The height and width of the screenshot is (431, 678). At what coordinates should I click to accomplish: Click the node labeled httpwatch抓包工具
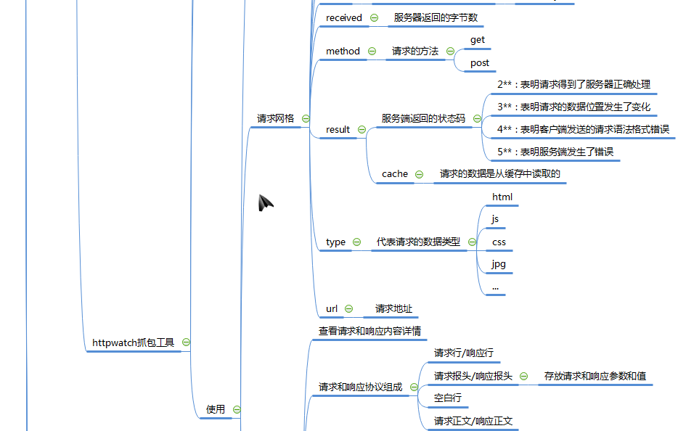(x=134, y=342)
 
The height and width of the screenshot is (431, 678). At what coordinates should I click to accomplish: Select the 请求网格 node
(x=276, y=118)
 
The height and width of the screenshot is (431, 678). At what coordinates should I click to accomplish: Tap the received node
(x=343, y=17)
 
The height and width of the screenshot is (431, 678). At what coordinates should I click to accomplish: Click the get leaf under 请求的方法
(x=477, y=40)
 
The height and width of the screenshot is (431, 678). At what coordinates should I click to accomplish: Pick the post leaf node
(x=479, y=63)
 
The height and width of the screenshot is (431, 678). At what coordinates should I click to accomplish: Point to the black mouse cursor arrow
(x=266, y=203)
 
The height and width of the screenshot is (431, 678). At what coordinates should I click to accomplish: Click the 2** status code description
(x=573, y=84)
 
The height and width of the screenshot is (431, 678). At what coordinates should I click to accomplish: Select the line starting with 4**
(x=583, y=129)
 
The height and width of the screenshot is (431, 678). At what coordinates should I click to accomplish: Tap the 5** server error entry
(x=555, y=152)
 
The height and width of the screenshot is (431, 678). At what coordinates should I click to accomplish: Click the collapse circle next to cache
(x=419, y=174)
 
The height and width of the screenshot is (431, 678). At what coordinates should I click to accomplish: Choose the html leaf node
(x=502, y=197)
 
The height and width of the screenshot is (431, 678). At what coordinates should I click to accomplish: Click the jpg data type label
(x=498, y=264)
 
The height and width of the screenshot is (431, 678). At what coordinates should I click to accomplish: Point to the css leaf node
(x=499, y=242)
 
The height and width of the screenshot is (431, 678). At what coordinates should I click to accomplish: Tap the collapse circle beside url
(x=348, y=309)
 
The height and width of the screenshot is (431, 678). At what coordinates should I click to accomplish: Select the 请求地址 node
(x=393, y=308)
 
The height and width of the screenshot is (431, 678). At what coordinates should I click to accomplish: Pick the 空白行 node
(x=447, y=398)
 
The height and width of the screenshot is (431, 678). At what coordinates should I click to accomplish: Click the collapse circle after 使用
(x=237, y=409)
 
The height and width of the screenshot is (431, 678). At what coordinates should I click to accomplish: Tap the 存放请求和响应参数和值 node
(x=595, y=376)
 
